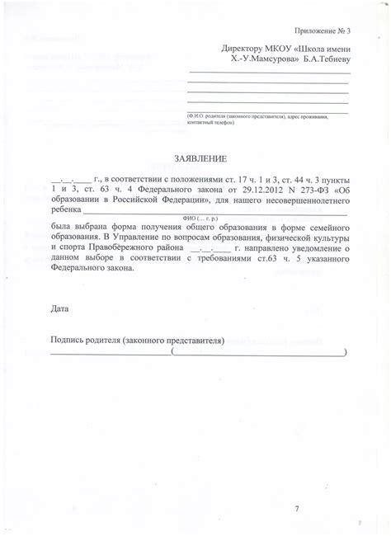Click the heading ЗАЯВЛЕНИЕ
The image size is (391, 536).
point(195,158)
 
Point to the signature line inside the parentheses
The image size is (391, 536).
point(259,353)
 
